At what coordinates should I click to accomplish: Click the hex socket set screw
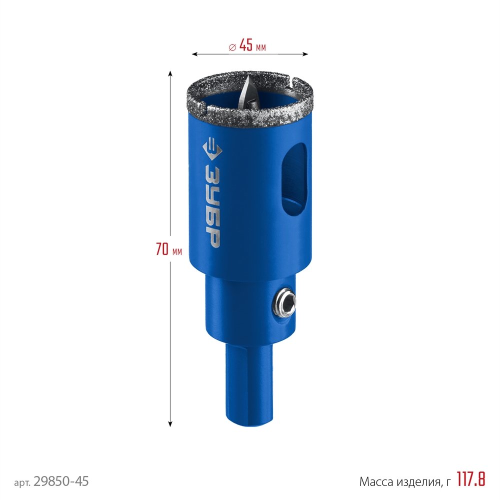[x=284, y=302]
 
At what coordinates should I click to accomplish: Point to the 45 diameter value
[x=245, y=45]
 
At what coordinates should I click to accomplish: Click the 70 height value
[x=162, y=249]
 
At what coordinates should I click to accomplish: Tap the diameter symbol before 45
[x=232, y=47]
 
